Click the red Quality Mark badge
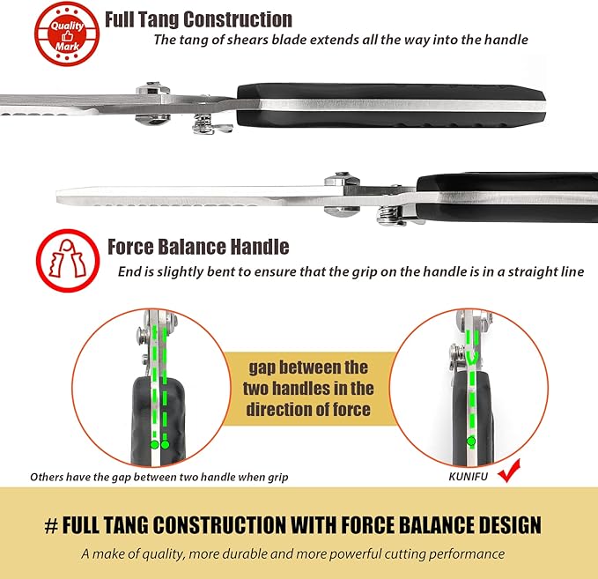(x=67, y=33)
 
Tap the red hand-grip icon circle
(x=68, y=261)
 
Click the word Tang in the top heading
(x=157, y=20)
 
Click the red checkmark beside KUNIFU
(x=510, y=471)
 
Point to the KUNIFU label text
(x=468, y=477)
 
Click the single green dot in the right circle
(x=471, y=442)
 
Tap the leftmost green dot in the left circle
(x=154, y=445)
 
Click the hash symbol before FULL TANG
(x=51, y=525)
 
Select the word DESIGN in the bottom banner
(x=510, y=525)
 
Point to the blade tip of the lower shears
(x=58, y=196)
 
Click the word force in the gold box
(x=351, y=410)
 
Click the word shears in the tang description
(x=247, y=40)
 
